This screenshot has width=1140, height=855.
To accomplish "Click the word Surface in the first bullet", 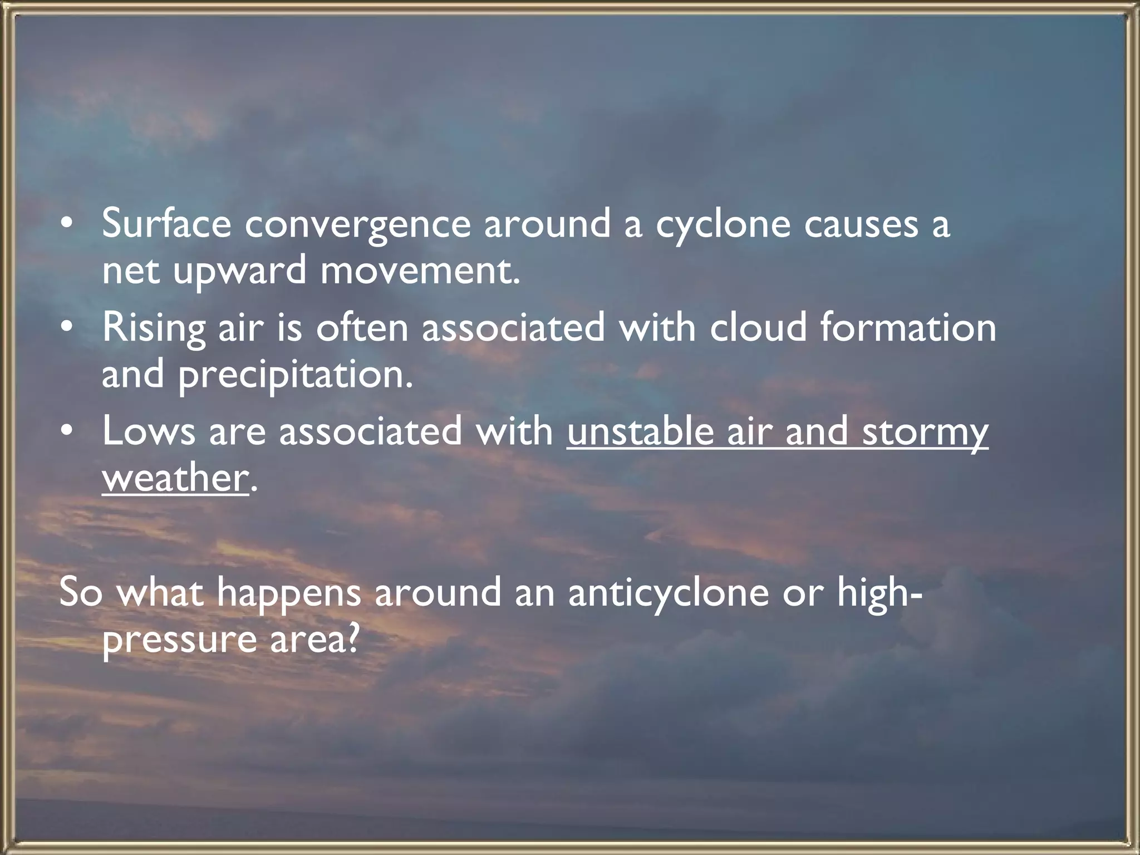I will [166, 223].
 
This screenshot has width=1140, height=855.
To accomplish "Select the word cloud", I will [758, 327].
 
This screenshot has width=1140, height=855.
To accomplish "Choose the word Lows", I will [149, 431].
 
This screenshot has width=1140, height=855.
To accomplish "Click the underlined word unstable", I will [640, 431].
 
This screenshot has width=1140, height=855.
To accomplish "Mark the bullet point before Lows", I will [67, 432].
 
